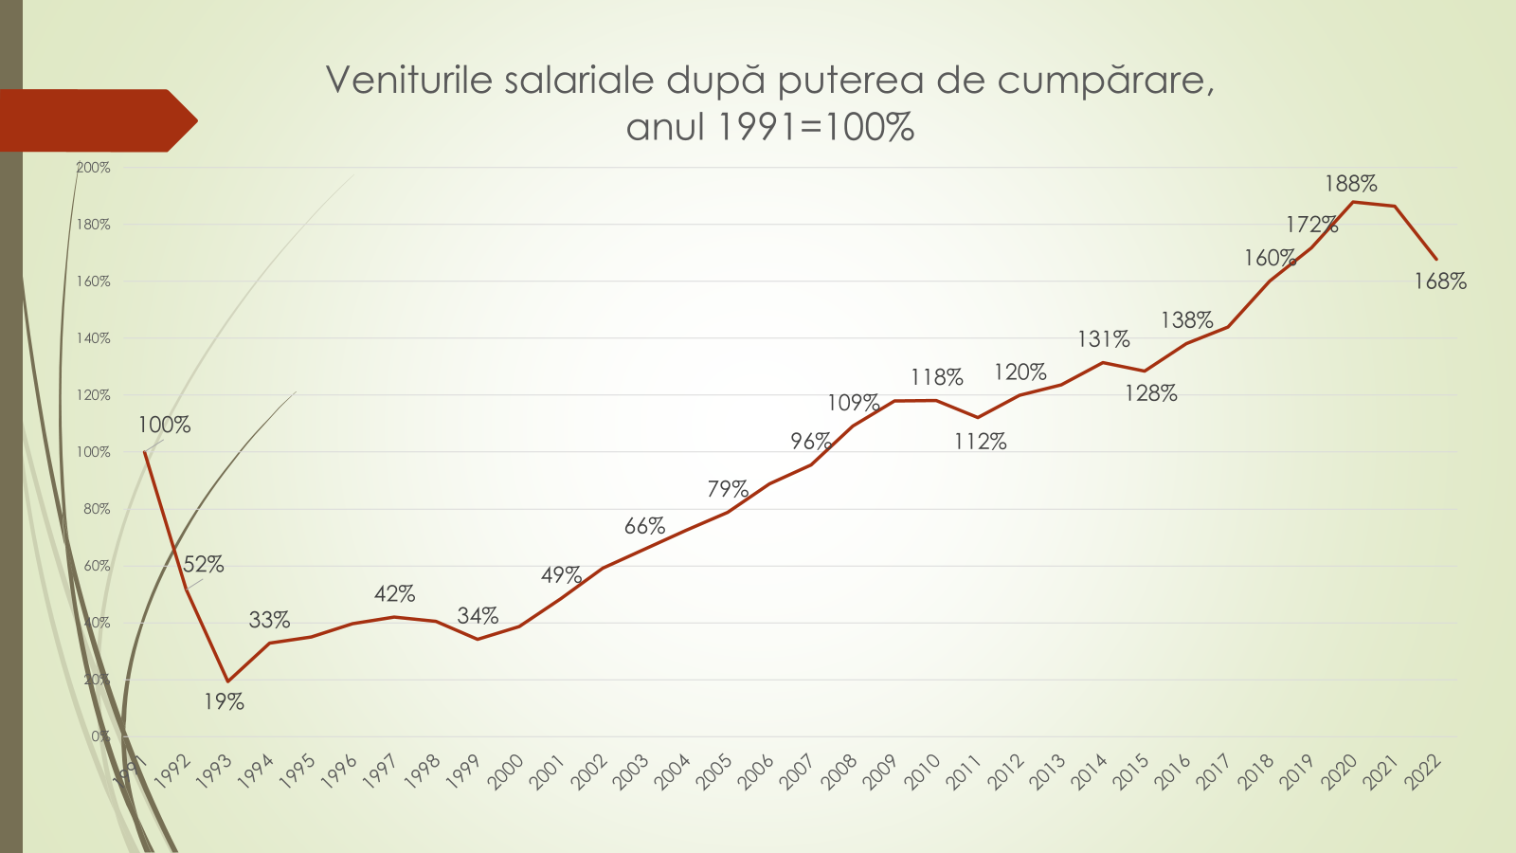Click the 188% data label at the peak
coord(1350,184)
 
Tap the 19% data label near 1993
coord(224,702)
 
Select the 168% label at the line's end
coord(1439,281)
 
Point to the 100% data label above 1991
coord(164,426)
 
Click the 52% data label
coord(204,565)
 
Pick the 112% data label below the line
coord(980,442)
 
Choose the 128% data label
coord(1150,394)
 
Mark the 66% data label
coord(644,527)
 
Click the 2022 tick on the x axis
coord(1423,771)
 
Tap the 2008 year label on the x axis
coord(839,771)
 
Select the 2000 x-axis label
coord(505,771)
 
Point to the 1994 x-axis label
coord(255,771)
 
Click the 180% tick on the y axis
coord(93,225)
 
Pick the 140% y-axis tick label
coord(93,338)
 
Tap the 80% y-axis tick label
coord(97,509)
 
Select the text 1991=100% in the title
coord(815,127)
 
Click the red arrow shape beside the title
coord(95,120)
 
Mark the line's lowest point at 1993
coord(227,681)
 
